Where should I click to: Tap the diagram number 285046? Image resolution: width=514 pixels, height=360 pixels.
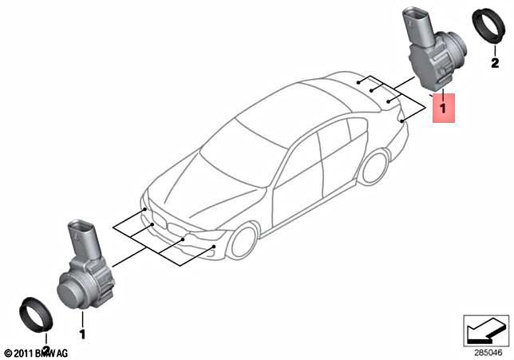point(485,349)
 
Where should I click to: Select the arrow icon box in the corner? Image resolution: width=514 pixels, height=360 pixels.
point(486,328)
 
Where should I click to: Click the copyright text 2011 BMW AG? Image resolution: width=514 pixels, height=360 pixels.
point(36,352)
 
